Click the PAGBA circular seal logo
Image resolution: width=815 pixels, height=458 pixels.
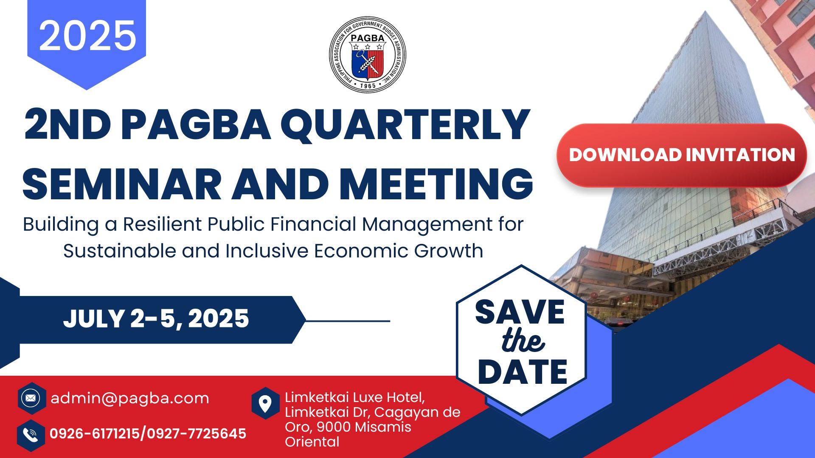click(368, 54)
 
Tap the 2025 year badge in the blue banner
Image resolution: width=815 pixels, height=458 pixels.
click(87, 36)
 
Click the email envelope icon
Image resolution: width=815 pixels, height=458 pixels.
click(31, 398)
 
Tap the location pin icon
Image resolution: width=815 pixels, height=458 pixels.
click(265, 403)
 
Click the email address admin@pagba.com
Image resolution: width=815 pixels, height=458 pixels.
click(130, 398)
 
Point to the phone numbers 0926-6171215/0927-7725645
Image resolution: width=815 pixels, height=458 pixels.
click(148, 434)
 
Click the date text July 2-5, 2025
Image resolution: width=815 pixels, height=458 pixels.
click(156, 319)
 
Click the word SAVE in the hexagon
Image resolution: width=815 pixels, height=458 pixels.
click(520, 312)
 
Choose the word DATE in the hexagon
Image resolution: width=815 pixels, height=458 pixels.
click(523, 371)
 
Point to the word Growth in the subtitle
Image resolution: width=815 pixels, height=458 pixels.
click(449, 251)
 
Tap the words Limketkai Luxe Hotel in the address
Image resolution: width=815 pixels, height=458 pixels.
click(354, 397)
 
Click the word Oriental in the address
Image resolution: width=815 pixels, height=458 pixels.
click(312, 442)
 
